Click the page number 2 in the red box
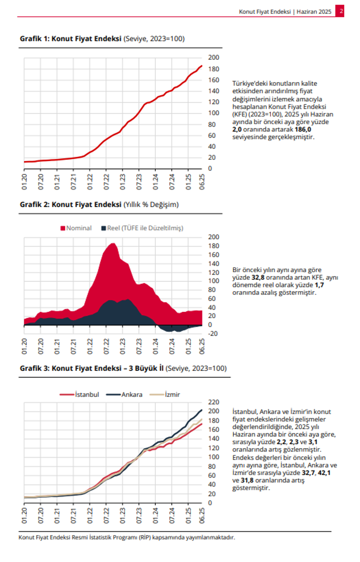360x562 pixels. (341, 11)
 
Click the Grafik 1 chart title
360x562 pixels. (102, 39)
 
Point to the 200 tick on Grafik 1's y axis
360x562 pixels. (213, 58)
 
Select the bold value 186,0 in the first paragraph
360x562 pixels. (303, 130)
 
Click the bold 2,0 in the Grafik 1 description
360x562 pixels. (237, 130)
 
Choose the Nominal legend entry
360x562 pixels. (76, 228)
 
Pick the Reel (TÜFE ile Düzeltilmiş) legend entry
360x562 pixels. (142, 228)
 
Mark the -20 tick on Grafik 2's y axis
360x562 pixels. (212, 334)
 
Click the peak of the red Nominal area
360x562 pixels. (112, 243)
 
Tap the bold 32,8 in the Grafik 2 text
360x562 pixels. (258, 278)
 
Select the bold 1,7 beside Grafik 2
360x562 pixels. (319, 285)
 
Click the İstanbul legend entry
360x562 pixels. (79, 395)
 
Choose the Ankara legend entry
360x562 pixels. (124, 395)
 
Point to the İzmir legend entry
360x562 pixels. (165, 395)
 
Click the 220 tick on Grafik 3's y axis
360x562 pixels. (213, 402)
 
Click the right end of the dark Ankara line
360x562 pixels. (202, 410)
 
